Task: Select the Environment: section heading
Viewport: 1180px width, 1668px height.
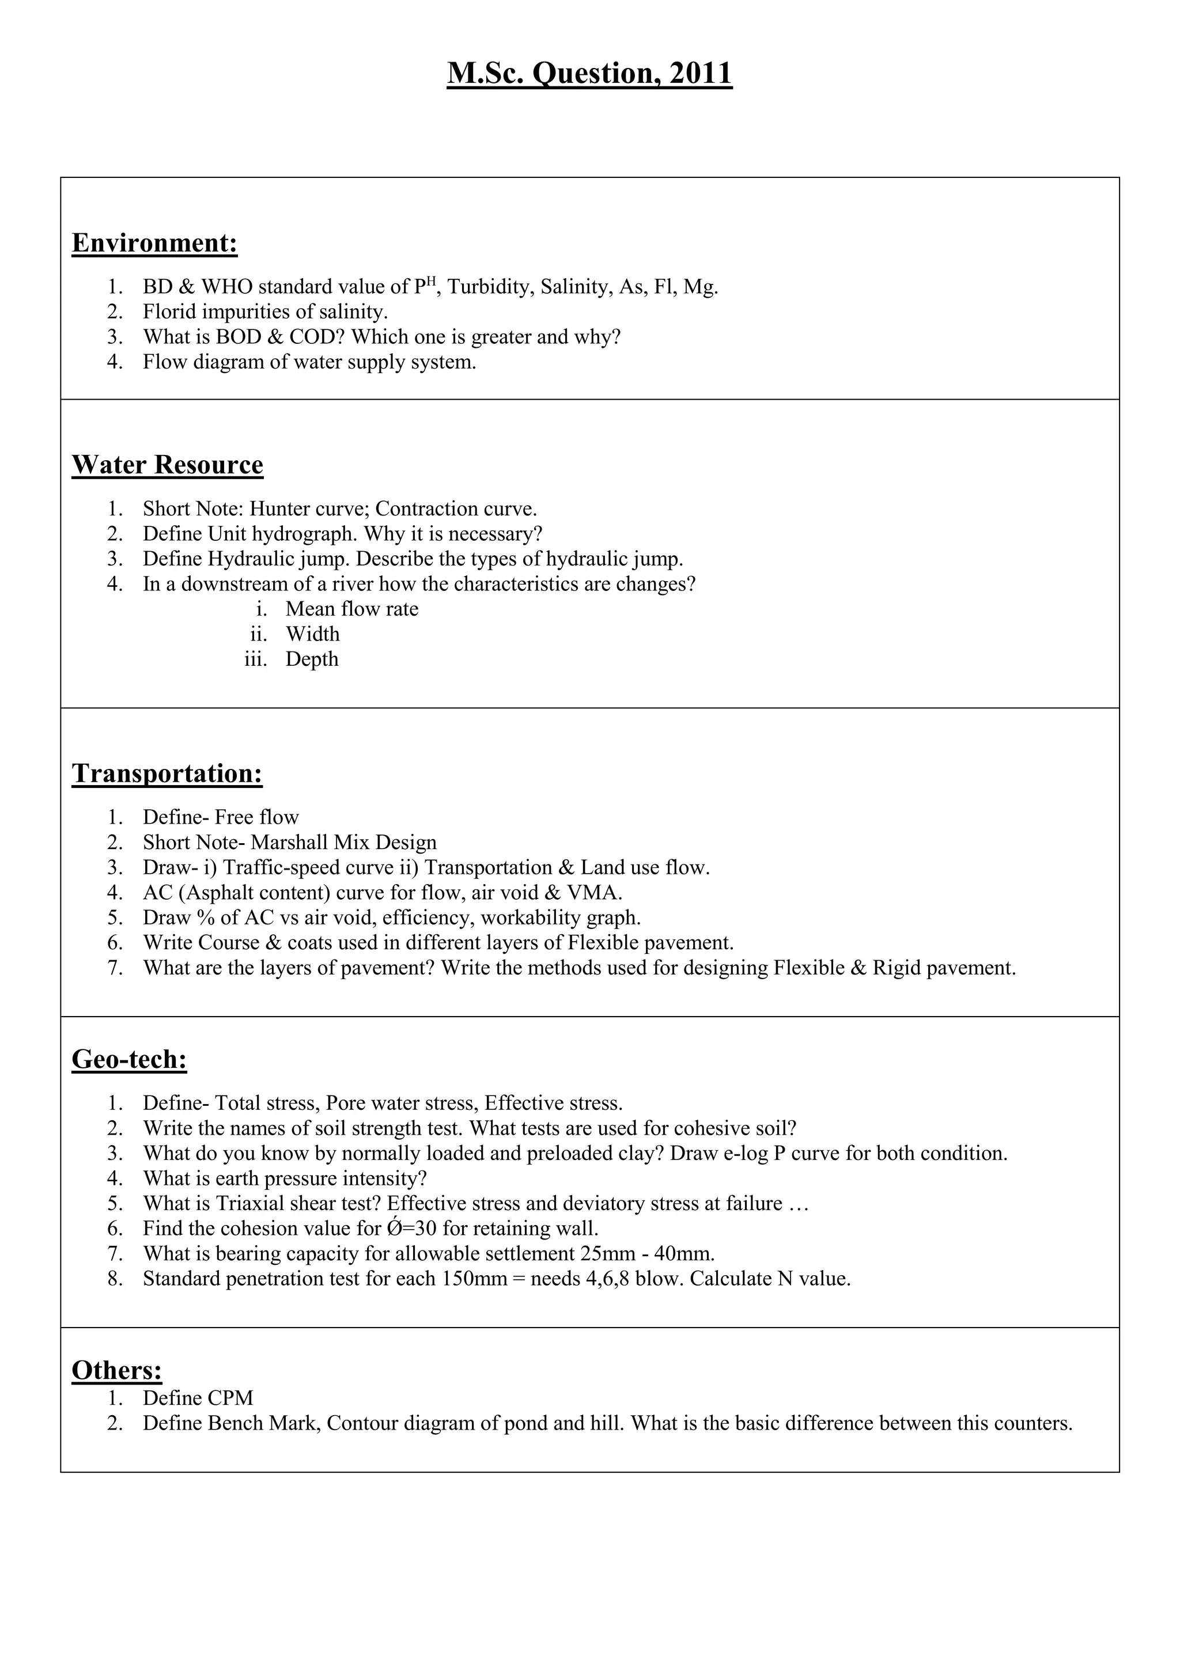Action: [155, 242]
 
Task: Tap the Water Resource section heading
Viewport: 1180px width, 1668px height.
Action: [167, 465]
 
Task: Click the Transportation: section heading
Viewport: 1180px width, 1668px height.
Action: [167, 774]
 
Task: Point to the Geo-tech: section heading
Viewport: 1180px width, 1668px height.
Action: [129, 1059]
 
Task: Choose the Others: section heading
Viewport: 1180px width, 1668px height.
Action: [117, 1370]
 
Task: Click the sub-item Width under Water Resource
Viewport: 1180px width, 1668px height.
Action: [312, 634]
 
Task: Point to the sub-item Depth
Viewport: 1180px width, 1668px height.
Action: [312, 659]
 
